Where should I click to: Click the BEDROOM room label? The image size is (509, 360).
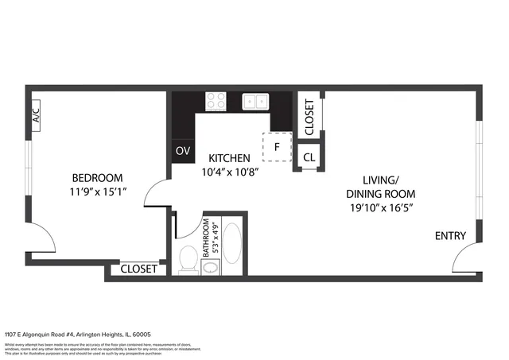coord(97,177)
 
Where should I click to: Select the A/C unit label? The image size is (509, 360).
coord(36,116)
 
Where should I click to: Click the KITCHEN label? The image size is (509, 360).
coord(230,158)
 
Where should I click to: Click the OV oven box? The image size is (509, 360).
coord(183,150)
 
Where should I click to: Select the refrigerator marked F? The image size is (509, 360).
coord(278,147)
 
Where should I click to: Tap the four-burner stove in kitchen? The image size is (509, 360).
coord(216,101)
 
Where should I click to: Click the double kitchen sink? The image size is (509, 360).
coord(254,101)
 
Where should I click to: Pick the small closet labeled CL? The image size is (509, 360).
coord(309,157)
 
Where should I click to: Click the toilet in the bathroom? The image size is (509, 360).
coord(188,258)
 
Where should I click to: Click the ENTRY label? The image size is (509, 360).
coord(450,236)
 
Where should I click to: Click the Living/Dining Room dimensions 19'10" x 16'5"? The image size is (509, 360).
coord(380,208)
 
